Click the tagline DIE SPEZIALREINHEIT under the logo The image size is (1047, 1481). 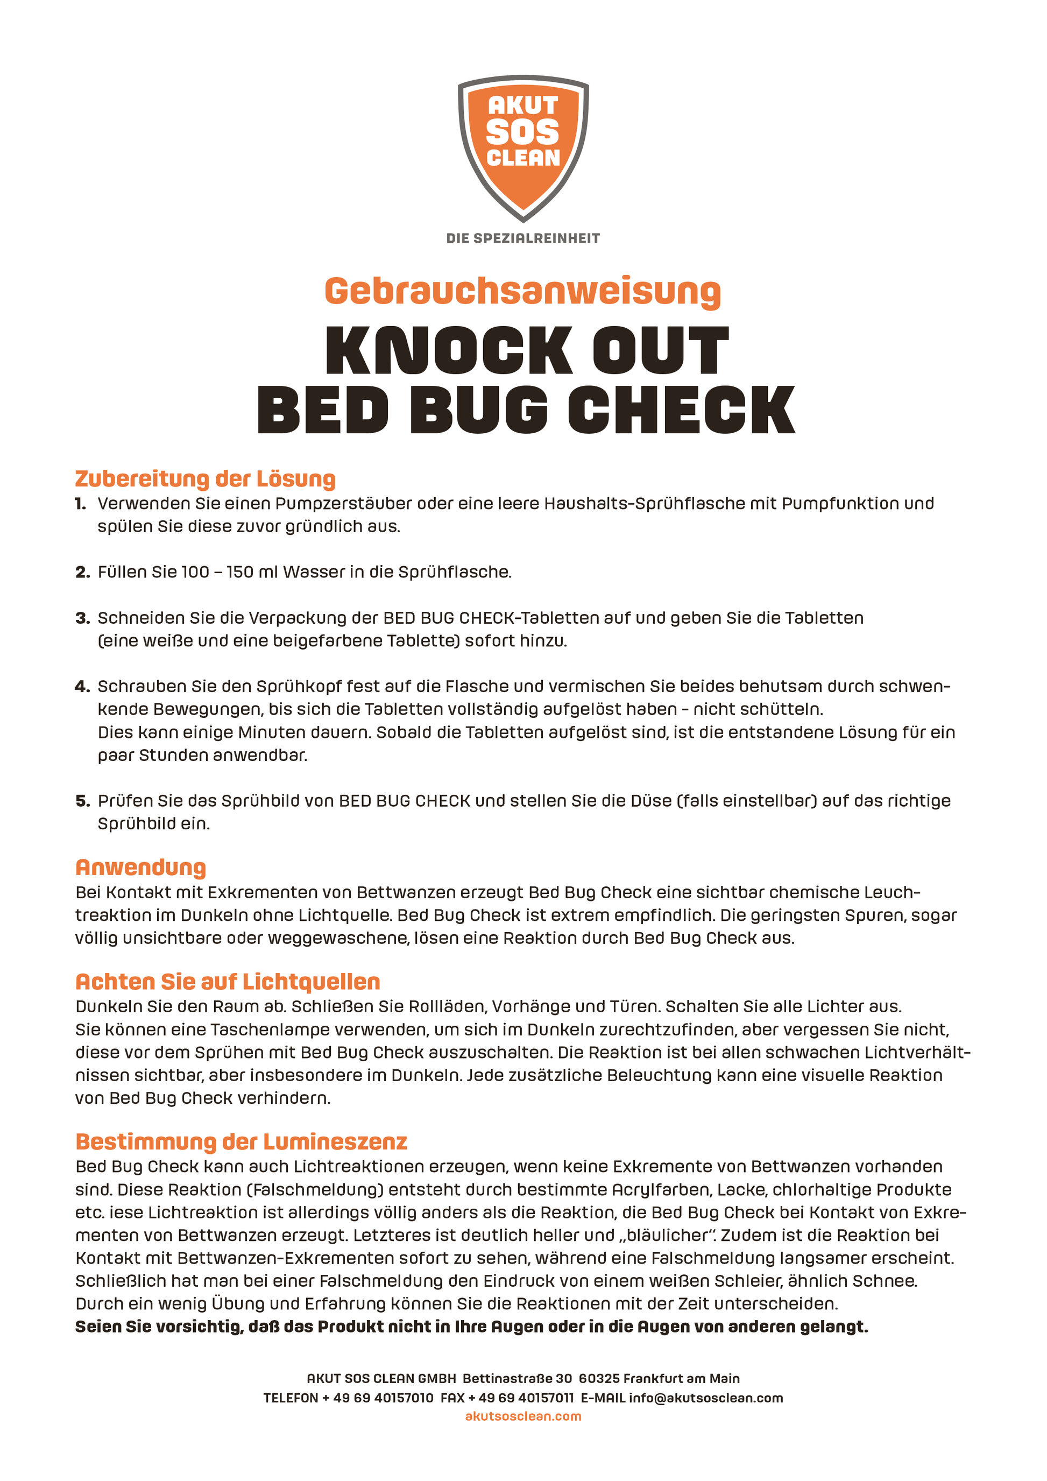[x=523, y=238]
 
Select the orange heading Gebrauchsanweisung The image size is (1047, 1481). [x=523, y=292]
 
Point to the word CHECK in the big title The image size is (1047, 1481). [x=682, y=410]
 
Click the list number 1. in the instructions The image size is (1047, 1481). [x=81, y=503]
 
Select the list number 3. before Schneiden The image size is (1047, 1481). [x=82, y=618]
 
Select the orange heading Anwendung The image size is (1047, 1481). [x=140, y=868]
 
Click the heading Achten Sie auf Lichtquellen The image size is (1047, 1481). [x=228, y=982]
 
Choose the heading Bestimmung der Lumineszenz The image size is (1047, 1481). [x=241, y=1142]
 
